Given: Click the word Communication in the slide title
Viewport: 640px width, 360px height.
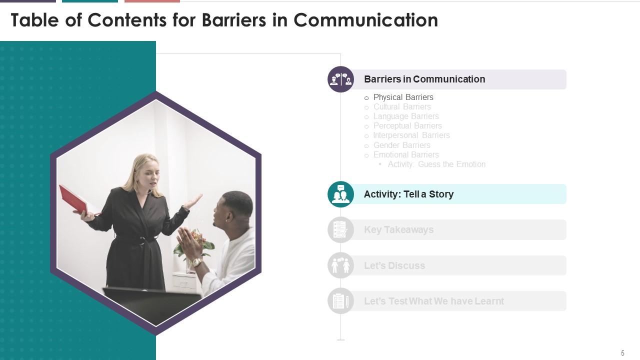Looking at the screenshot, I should coord(365,20).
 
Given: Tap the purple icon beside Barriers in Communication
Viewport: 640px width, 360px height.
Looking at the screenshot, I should coord(340,79).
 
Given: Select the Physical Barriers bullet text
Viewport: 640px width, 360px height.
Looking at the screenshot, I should coord(403,97).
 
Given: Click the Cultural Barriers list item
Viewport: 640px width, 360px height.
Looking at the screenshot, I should coord(402,106).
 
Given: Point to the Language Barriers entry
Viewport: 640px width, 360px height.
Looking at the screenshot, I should coord(406,116).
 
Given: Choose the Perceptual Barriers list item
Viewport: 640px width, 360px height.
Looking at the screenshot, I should coord(407,125).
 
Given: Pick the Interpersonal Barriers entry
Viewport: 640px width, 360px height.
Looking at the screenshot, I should coord(411,135).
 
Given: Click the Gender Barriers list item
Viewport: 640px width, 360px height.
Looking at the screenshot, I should coord(401,145).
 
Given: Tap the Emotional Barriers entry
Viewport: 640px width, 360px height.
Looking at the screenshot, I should coord(406,154).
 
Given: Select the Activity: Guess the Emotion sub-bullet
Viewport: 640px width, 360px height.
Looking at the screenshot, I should coord(436,164).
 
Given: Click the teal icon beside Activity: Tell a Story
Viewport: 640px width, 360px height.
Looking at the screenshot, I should coord(340,194).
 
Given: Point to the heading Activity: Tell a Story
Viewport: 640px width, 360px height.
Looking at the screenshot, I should coord(408,194).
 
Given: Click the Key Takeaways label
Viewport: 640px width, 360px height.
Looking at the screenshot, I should coord(398,229).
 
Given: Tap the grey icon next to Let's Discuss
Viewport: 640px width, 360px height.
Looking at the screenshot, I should coord(340,265).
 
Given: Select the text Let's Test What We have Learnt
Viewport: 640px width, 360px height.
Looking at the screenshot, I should coord(433,301).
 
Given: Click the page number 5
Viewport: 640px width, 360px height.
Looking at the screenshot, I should coord(622,353).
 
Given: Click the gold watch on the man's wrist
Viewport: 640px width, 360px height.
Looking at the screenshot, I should coord(196,262).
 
